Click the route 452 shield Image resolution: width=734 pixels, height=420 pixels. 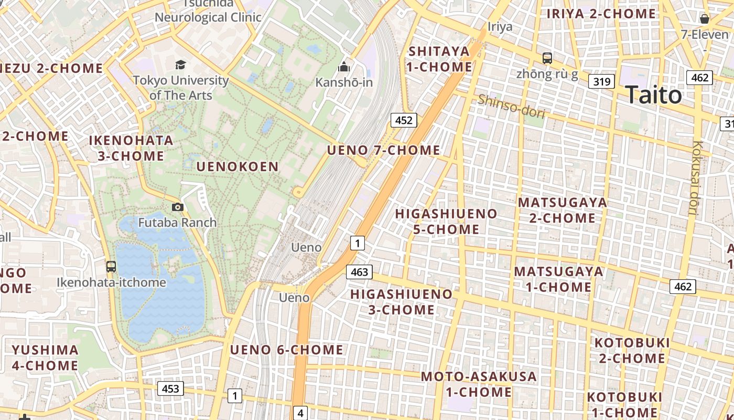click(x=404, y=120)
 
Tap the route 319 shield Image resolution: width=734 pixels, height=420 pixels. click(x=601, y=81)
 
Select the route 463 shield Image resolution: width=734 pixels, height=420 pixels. click(x=359, y=271)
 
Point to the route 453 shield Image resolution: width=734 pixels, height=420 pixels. click(x=170, y=388)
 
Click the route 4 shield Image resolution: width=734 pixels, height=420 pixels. click(x=300, y=413)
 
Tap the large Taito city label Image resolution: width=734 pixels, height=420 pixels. click(x=653, y=95)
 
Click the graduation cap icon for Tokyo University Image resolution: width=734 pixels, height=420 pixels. click(x=180, y=65)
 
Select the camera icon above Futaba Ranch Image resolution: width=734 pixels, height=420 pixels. click(x=178, y=207)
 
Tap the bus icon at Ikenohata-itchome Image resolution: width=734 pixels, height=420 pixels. click(x=111, y=266)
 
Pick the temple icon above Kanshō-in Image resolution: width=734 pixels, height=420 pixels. click(x=344, y=67)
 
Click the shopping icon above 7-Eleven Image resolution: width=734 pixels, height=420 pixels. click(x=705, y=19)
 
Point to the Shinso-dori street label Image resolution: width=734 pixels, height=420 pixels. click(x=511, y=106)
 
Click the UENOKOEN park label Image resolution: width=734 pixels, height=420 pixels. click(x=238, y=166)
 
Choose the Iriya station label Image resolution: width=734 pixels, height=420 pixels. click(x=500, y=26)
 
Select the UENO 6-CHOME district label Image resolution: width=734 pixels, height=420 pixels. click(x=286, y=350)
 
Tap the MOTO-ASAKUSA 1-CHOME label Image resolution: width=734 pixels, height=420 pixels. click(x=479, y=384)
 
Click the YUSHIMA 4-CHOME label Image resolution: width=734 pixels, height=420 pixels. click(x=45, y=358)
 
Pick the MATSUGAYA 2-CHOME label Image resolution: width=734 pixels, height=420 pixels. click(x=562, y=210)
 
